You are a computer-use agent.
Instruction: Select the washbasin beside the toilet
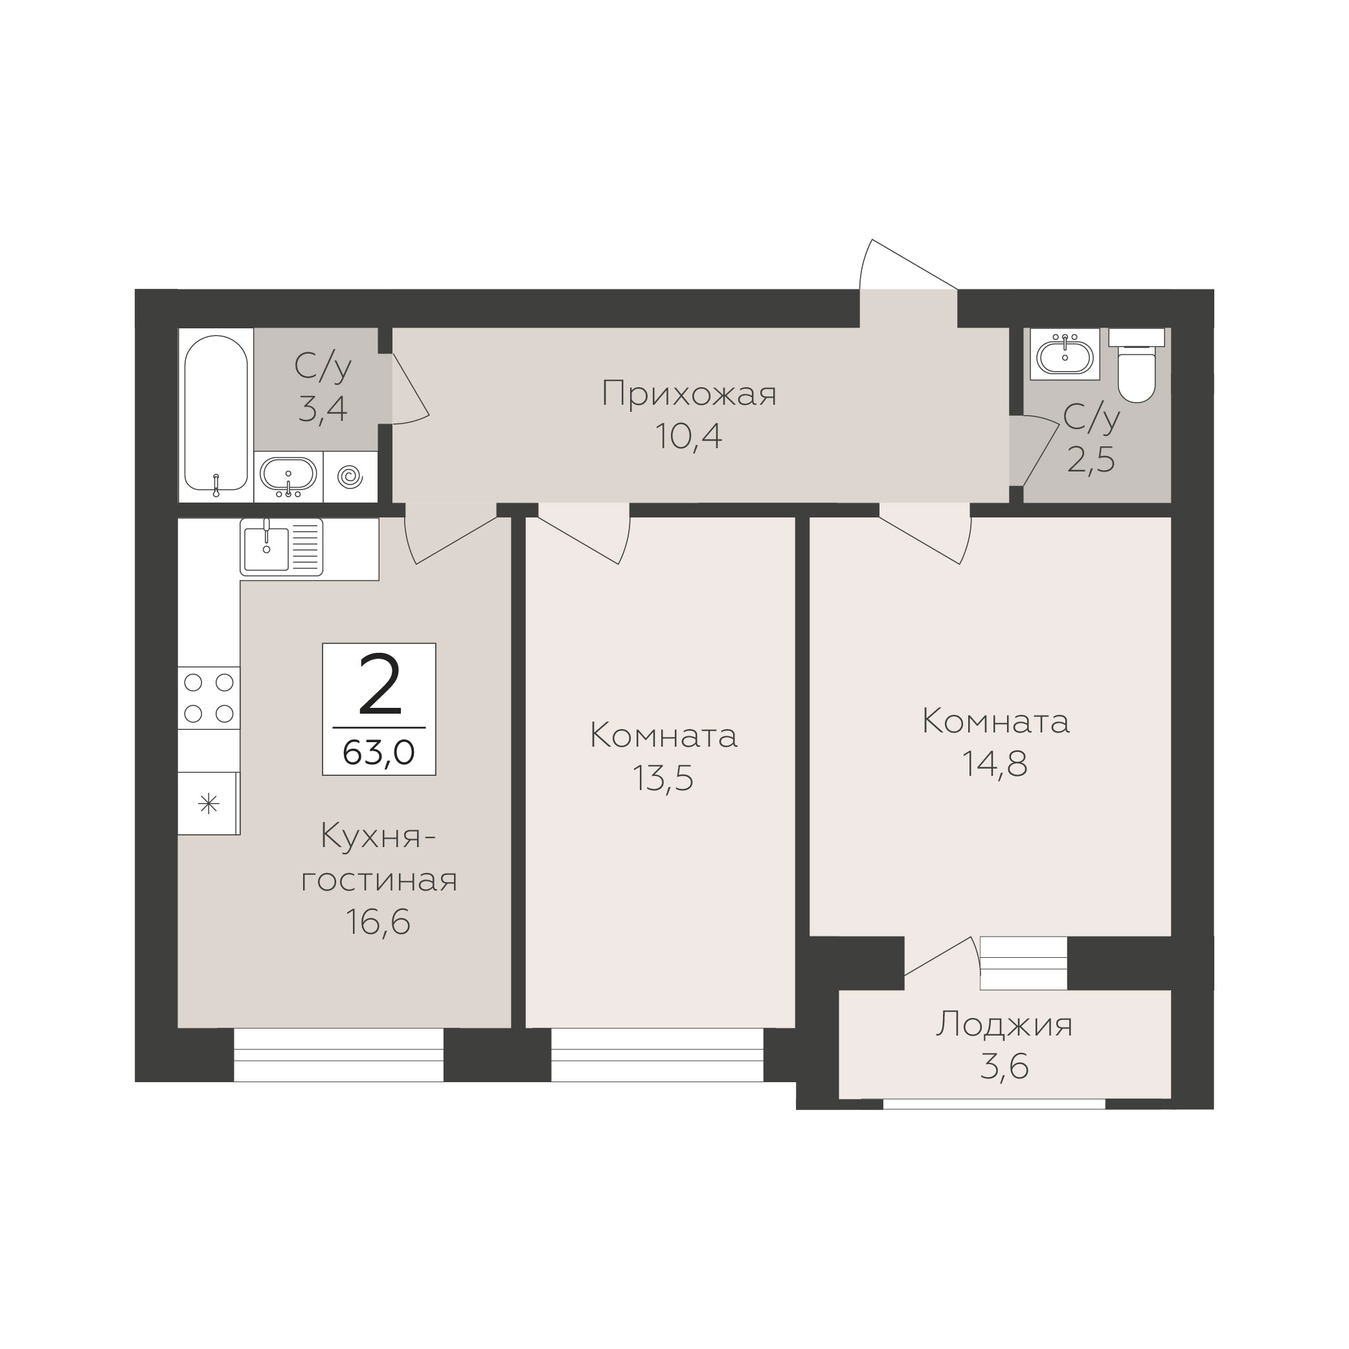click(1065, 354)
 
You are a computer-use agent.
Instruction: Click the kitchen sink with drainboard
click(281, 547)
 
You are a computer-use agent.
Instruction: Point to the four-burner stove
click(209, 698)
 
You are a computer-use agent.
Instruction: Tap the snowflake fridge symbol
click(209, 804)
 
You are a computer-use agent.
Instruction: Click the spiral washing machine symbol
click(350, 477)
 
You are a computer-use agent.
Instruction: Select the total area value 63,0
click(379, 753)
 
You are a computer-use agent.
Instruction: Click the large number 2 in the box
click(380, 685)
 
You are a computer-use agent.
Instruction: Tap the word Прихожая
click(689, 394)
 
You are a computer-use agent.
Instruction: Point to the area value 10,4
click(688, 436)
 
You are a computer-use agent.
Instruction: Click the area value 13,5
click(663, 778)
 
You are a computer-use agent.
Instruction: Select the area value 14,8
click(995, 764)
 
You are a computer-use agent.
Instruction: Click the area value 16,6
click(378, 922)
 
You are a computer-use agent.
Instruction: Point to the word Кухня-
click(378, 837)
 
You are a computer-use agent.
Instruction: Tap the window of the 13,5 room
click(657, 1055)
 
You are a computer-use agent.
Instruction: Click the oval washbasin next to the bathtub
click(288, 475)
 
